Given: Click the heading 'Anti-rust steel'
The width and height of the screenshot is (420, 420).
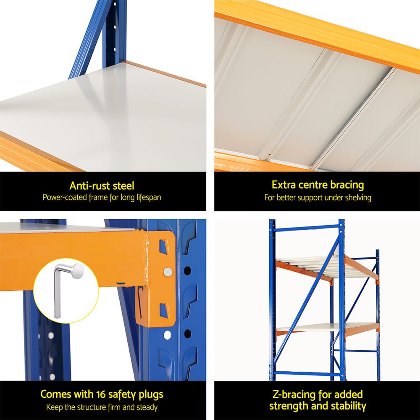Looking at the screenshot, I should click(x=102, y=186).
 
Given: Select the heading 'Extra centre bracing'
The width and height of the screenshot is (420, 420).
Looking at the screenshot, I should click(x=318, y=185).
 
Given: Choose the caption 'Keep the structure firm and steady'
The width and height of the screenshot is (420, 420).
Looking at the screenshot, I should click(x=102, y=407).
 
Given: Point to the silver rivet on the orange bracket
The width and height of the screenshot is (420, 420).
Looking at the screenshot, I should click(x=168, y=272).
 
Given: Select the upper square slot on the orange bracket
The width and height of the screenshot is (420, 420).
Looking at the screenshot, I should click(x=163, y=247).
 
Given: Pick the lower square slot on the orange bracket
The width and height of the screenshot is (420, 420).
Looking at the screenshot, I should click(x=163, y=310).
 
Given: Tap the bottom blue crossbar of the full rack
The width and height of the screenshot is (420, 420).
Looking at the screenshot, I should click(x=306, y=373).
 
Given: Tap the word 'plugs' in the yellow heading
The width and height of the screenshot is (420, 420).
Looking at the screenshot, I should click(x=150, y=394).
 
